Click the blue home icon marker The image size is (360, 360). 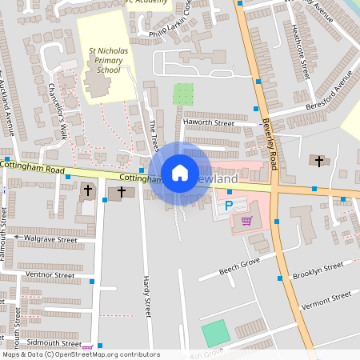(x=180, y=173)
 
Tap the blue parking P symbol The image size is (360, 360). (x=228, y=205)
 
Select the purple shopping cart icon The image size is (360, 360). (x=246, y=221)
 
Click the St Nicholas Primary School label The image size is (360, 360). (x=108, y=60)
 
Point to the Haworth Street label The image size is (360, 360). (x=208, y=123)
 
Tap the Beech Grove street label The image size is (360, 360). (x=240, y=267)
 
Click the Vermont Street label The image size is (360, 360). (x=326, y=302)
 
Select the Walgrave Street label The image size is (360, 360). (x=50, y=239)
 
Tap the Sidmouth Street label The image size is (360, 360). (x=50, y=342)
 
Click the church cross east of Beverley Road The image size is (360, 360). (x=319, y=162)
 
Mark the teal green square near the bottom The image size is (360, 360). (x=214, y=333)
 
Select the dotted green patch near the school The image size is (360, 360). (x=183, y=94)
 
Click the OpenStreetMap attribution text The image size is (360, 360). (x=80, y=354)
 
